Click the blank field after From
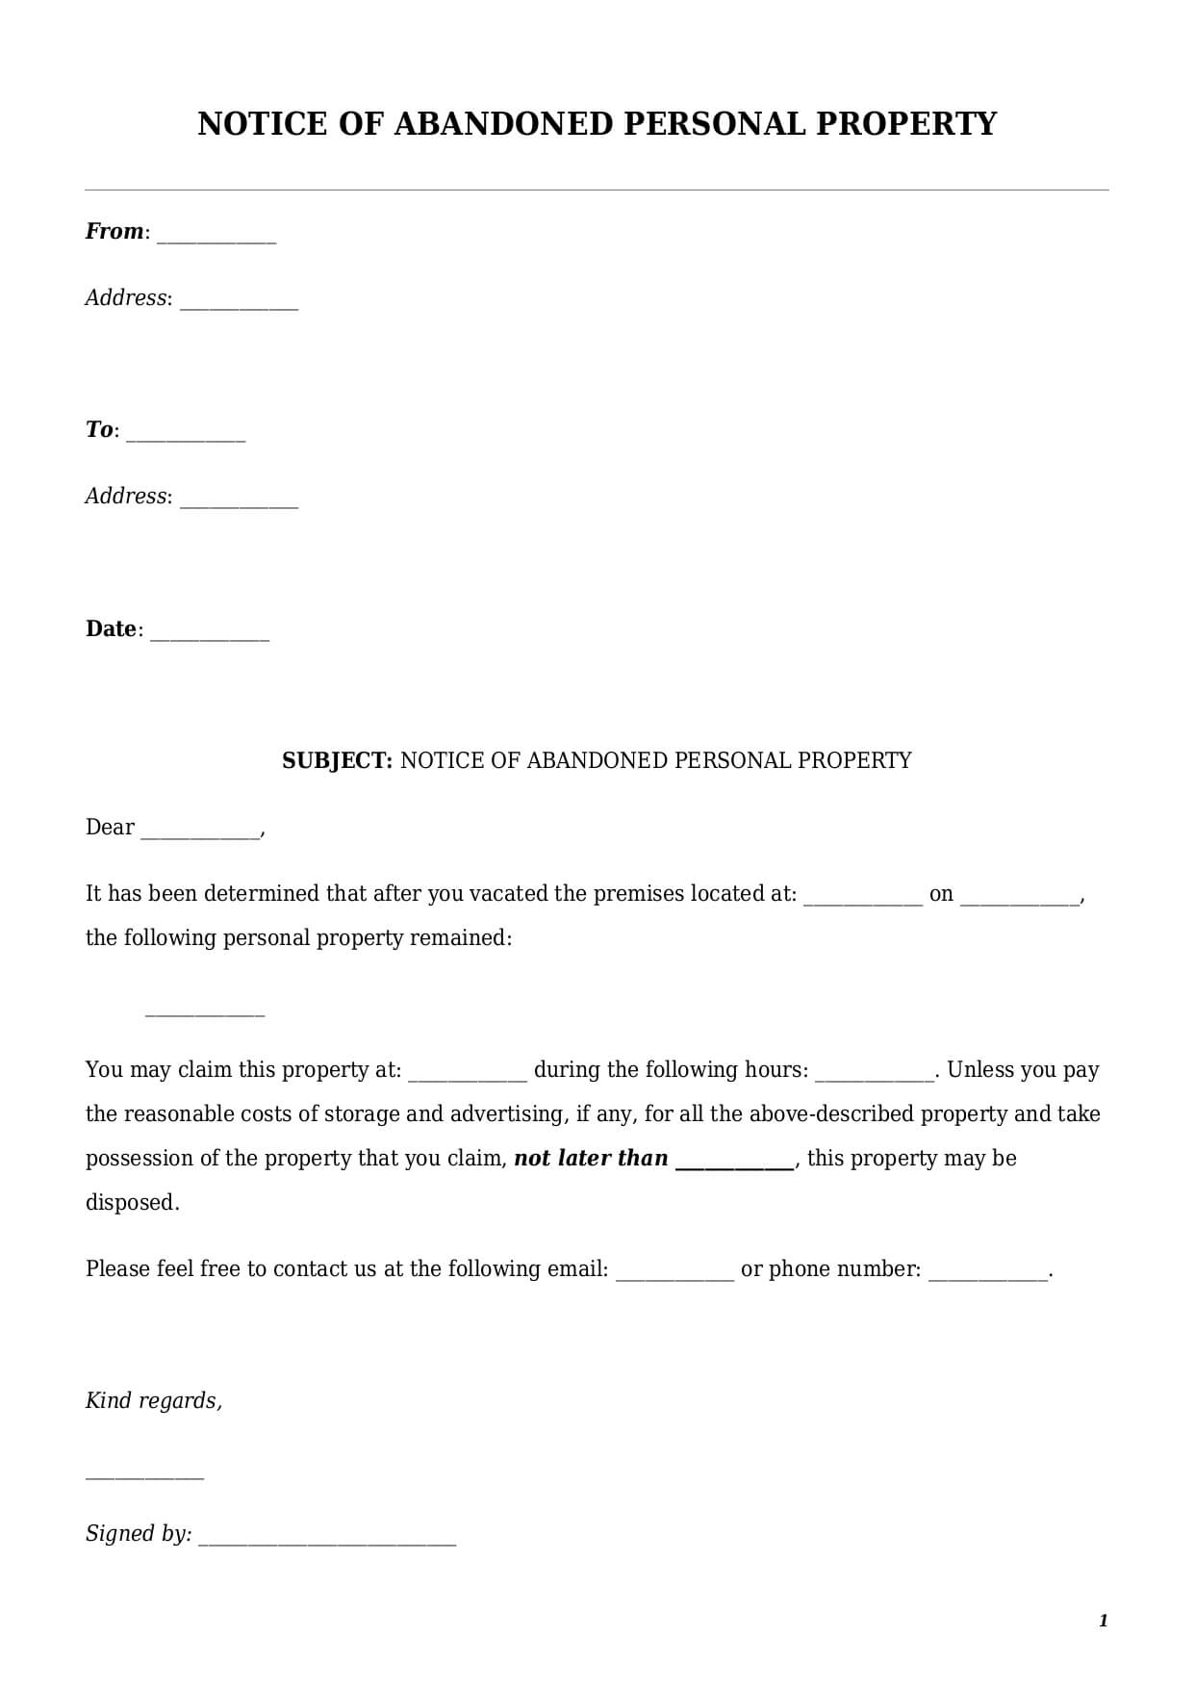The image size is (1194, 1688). coord(216,237)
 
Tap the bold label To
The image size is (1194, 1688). coord(99,429)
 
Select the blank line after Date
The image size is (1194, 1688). coord(210,634)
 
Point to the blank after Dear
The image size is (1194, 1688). coord(200,832)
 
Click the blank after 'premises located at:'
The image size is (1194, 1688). coord(862,899)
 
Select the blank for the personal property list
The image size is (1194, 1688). coord(204,1011)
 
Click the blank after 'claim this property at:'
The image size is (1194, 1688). coord(468,1075)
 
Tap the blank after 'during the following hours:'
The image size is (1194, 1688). coord(874,1075)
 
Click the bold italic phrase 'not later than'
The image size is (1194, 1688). coord(591,1158)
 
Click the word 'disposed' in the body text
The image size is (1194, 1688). coord(130,1202)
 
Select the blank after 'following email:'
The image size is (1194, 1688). coord(674,1274)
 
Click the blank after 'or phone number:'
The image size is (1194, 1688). coord(987,1274)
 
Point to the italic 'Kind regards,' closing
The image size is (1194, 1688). coord(154,1400)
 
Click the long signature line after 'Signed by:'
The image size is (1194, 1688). coord(327,1539)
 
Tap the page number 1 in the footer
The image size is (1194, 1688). coord(1103,1621)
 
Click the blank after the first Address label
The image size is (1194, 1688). coord(239,303)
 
